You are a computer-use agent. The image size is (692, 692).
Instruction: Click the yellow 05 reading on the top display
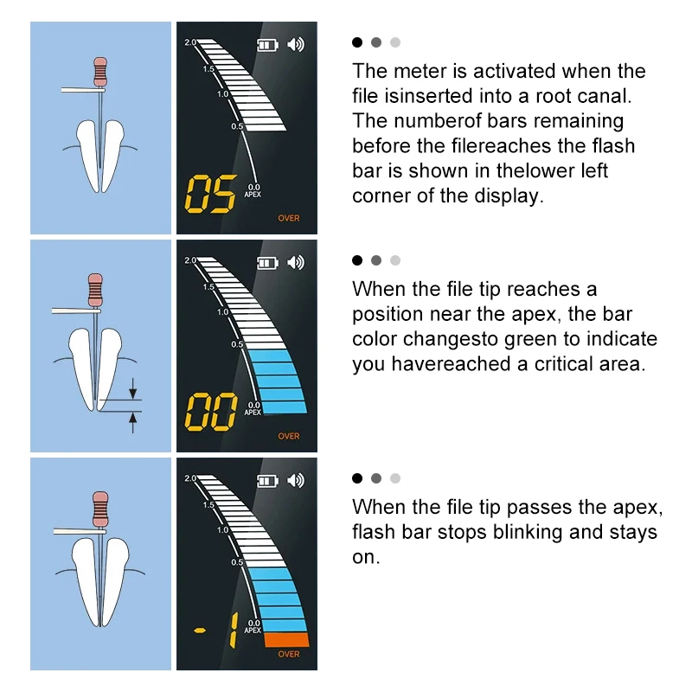tap(210, 194)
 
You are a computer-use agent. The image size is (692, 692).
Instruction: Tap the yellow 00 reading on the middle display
tap(210, 412)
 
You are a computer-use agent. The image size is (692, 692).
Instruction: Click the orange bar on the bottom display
tap(287, 640)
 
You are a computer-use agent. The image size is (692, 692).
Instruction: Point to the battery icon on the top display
tap(267, 45)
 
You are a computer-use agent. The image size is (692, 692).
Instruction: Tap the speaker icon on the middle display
tap(296, 263)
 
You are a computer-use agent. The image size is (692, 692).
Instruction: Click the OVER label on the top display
tap(289, 218)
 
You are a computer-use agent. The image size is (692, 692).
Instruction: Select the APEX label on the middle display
tap(253, 413)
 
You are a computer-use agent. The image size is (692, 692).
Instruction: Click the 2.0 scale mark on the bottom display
tap(190, 478)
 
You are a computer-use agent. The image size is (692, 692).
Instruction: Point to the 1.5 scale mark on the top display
tap(208, 69)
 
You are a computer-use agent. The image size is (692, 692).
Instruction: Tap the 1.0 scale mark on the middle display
tap(222, 312)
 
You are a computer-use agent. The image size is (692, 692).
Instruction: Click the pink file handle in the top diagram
tap(100, 72)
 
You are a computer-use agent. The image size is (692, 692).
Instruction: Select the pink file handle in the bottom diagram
tap(100, 509)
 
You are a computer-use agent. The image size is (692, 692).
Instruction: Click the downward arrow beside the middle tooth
tap(133, 388)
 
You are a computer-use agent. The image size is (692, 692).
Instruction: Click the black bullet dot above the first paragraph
tap(357, 42)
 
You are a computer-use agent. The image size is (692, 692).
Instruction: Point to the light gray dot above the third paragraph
tap(395, 478)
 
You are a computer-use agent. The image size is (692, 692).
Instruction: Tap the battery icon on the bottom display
tap(267, 481)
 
